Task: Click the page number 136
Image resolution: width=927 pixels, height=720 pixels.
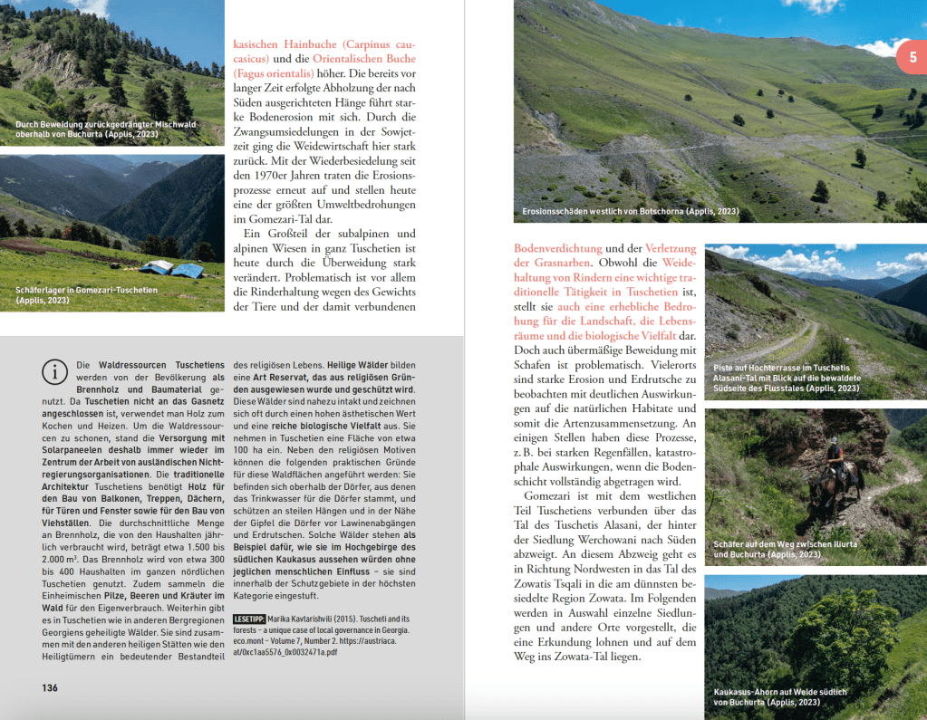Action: pos(50,687)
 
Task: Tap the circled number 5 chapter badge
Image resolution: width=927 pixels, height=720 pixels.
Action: pos(910,59)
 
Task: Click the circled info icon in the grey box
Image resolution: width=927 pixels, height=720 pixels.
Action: pos(56,371)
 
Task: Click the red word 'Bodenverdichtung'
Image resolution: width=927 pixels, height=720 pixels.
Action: pos(557,248)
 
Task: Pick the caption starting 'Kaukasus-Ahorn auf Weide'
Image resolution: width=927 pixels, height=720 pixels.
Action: pos(779,693)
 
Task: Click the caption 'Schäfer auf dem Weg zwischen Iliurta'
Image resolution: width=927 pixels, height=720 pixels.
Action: pos(784,544)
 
